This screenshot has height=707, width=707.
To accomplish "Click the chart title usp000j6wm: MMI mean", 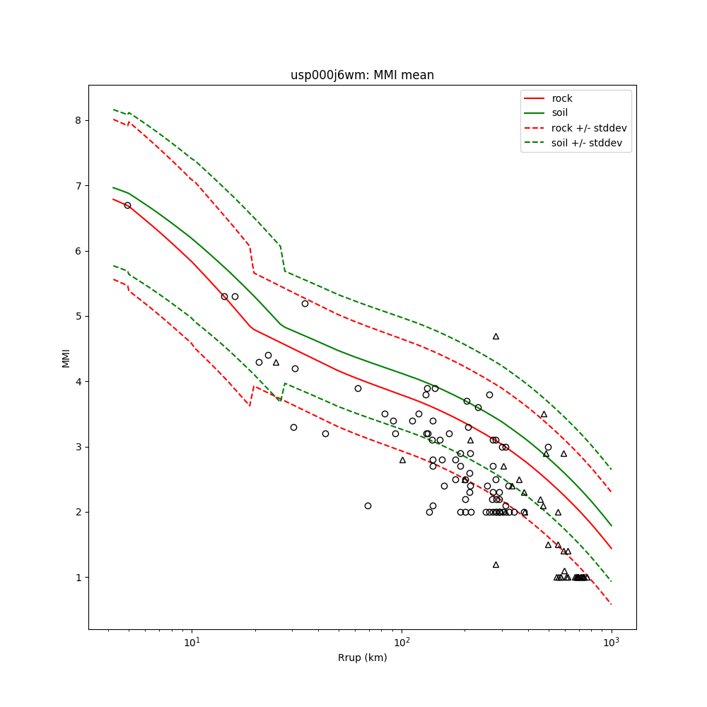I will [362, 75].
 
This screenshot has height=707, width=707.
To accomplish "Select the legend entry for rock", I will [562, 98].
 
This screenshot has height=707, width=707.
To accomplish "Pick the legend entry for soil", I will [560, 112].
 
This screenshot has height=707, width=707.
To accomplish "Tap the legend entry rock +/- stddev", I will [589, 128].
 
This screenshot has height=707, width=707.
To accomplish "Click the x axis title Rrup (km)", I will [362, 658].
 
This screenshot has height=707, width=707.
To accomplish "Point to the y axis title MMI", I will [66, 357].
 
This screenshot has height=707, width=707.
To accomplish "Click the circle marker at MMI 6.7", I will [127, 205].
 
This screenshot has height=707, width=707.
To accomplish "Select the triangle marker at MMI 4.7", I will [496, 336].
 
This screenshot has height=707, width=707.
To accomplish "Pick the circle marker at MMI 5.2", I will [305, 303].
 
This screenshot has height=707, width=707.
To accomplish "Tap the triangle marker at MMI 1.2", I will [496, 564].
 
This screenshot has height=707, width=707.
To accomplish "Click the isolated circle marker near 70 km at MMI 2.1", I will [368, 506].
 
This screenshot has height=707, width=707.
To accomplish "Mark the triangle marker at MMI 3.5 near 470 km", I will [544, 414].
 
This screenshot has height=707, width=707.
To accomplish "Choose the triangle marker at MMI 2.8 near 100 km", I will [402, 460].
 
